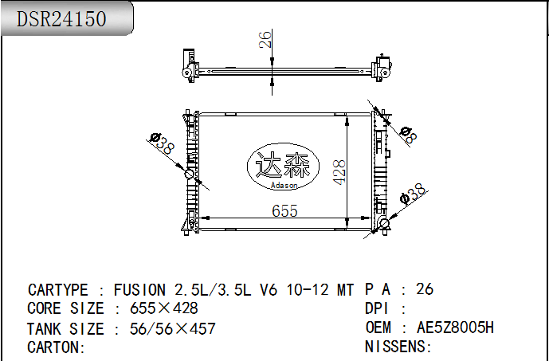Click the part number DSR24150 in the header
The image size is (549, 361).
tap(61, 18)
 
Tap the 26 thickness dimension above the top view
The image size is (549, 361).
tap(265, 39)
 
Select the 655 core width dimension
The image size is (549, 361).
tap(284, 211)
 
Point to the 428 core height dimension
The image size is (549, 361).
tap(339, 172)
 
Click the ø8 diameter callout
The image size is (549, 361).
tap(408, 135)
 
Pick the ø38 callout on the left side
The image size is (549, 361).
tap(162, 143)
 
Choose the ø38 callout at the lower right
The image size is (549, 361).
tap(413, 194)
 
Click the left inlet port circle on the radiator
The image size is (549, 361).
tap(190, 174)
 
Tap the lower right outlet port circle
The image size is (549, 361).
tap(384, 223)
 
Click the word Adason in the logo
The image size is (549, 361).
tap(284, 185)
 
